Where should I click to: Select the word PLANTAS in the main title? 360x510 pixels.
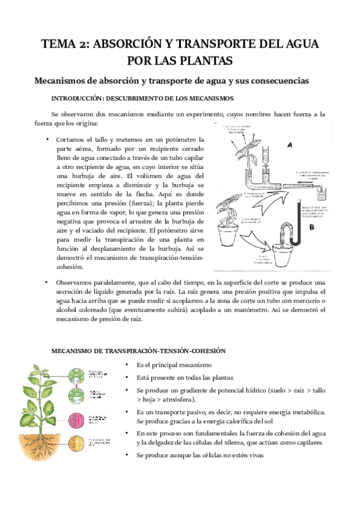click(x=206, y=60)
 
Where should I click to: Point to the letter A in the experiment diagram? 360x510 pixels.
click(x=290, y=146)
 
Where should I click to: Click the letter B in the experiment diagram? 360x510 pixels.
click(x=311, y=229)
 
